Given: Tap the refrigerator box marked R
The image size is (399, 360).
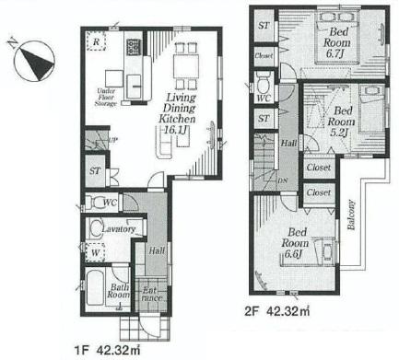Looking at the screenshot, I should (x=96, y=41).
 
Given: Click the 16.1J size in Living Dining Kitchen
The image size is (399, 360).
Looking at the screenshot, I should (x=179, y=132).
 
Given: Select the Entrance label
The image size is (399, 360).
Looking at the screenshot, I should (x=150, y=294).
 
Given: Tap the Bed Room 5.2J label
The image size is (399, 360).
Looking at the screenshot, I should (x=342, y=115).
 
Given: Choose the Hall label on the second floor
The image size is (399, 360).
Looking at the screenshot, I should (x=288, y=144).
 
